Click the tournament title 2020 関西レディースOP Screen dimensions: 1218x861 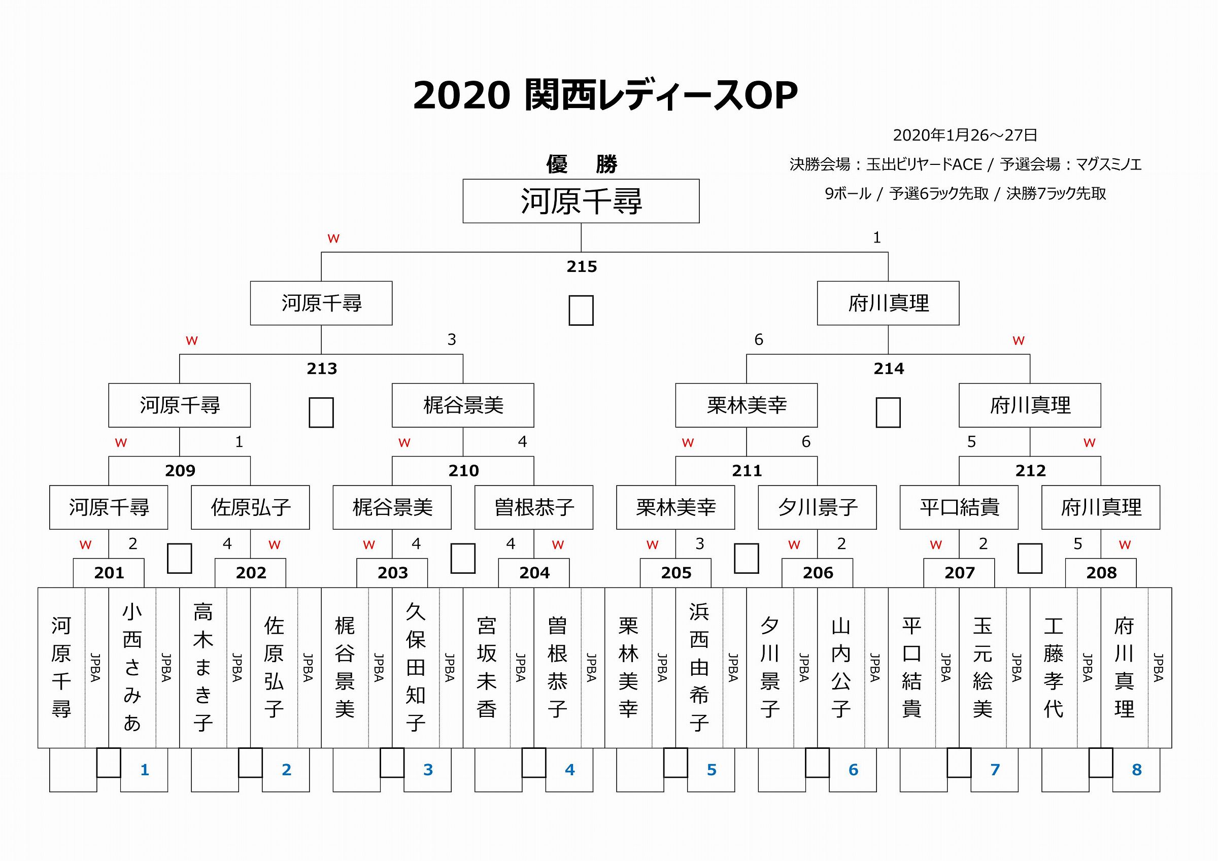(x=605, y=95)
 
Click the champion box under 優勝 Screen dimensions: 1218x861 (x=581, y=201)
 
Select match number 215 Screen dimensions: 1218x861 (x=582, y=266)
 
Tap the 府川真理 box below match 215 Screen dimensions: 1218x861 (x=888, y=303)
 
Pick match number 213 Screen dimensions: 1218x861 (x=321, y=368)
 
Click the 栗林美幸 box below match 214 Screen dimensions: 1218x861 (x=747, y=405)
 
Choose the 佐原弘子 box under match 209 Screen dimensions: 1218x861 (x=250, y=507)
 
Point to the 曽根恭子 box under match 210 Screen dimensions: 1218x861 (x=534, y=507)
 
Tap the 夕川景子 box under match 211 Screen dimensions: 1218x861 (x=817, y=507)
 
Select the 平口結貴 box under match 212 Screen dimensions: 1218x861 (x=959, y=507)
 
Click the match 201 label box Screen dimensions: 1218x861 (x=109, y=573)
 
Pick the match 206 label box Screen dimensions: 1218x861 (x=818, y=573)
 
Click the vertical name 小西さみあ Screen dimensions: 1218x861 (x=132, y=667)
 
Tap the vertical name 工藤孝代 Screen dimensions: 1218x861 (x=1054, y=667)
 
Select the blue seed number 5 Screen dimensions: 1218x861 (x=712, y=770)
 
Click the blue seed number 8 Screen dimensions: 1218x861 (x=1137, y=770)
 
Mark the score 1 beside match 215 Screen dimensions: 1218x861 (x=877, y=237)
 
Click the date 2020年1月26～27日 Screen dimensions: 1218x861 (x=965, y=135)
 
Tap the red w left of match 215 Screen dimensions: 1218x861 (x=333, y=239)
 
